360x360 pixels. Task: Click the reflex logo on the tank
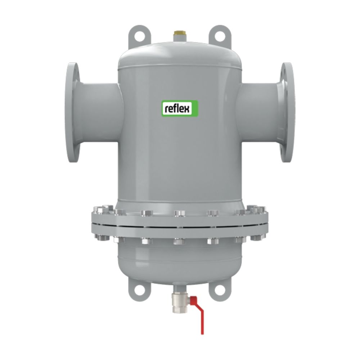180,108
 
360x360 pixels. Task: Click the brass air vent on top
178,36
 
